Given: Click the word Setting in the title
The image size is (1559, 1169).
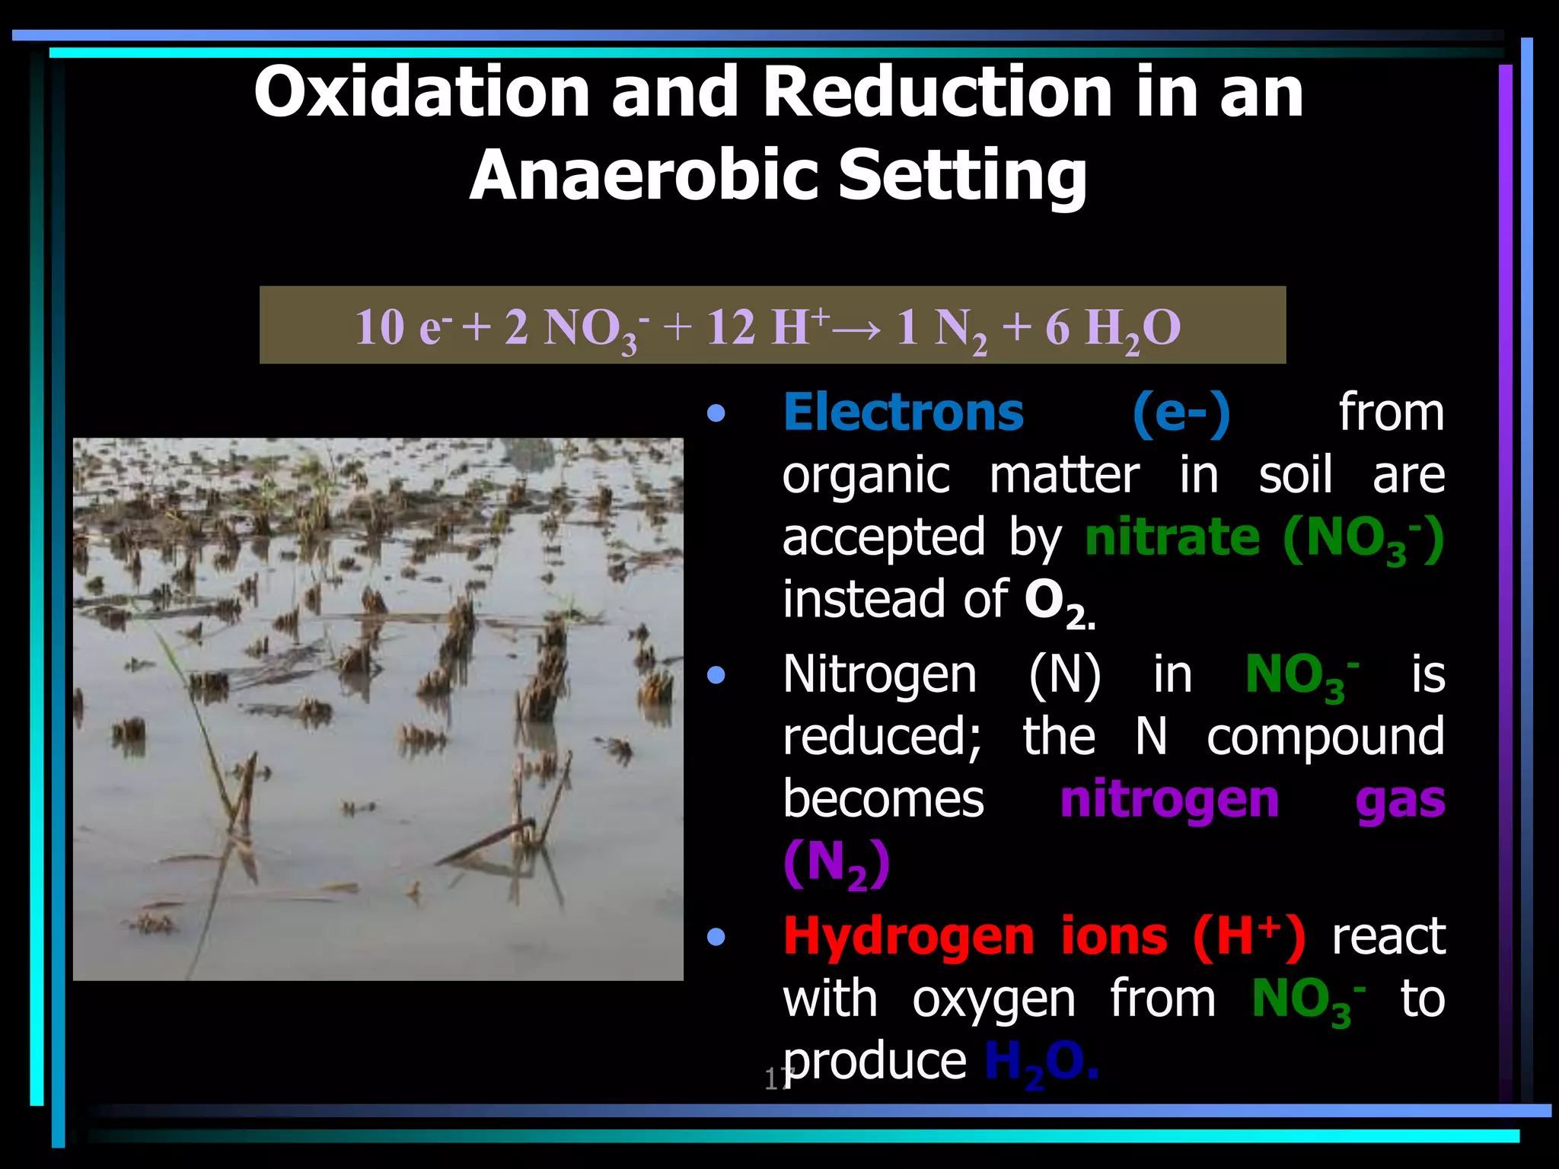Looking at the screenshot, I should pos(962,177).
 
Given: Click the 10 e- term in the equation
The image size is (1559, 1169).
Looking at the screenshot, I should pos(403,327).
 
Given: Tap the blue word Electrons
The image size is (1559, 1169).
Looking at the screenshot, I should pos(904,412).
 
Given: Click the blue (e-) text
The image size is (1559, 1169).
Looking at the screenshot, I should pos(1181,414).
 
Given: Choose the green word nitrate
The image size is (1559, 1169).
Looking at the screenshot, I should pos(1172,537).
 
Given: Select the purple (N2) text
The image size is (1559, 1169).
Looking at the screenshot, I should pos(836,864).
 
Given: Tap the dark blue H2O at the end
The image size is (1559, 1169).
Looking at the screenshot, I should pos(1040,1062).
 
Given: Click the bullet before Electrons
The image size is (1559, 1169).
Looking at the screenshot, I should pos(716,414).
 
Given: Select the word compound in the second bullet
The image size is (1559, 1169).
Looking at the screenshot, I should pos(1325,737).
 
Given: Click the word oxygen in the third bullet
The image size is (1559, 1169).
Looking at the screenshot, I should pos(993,999).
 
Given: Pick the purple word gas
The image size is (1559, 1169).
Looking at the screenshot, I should pos(1400,801).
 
